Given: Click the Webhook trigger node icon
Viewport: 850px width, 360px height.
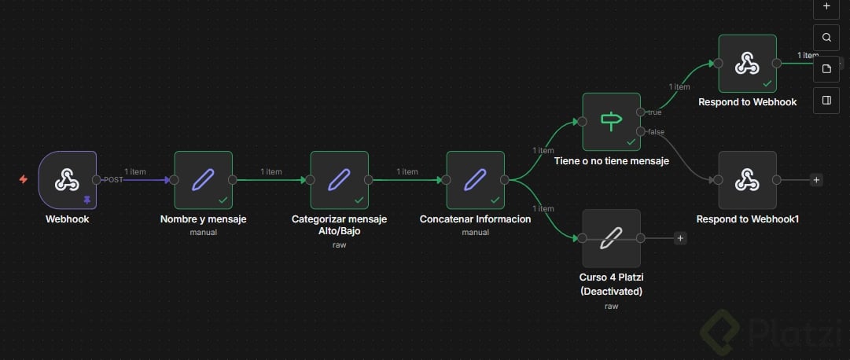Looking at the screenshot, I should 67,180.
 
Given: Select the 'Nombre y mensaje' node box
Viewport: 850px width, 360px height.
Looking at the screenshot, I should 203,180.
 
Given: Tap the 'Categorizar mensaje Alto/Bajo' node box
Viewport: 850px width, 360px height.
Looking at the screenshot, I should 339,180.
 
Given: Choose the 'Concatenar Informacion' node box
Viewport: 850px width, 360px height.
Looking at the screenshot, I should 475,180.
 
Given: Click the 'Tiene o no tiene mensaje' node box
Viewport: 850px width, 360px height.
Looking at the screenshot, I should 611,121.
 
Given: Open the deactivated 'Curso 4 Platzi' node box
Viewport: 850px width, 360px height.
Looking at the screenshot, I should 611,238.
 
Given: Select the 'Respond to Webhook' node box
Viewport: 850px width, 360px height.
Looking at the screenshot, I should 747,63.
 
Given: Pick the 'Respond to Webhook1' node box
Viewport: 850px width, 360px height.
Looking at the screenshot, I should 747,180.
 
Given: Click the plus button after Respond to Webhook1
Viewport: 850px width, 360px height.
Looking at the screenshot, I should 816,180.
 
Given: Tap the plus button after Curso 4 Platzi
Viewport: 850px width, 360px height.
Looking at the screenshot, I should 680,238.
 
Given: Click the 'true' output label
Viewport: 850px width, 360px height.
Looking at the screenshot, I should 654,112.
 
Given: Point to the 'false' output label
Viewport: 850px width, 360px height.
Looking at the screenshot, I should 656,131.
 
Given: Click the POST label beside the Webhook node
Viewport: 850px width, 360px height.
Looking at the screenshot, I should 113,180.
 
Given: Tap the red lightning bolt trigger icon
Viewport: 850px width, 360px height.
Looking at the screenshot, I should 23,180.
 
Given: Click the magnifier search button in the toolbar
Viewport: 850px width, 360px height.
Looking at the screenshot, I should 826,37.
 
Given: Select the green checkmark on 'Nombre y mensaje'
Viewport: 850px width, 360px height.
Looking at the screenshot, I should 223,200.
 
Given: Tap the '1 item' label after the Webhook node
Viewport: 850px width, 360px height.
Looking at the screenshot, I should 135,171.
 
